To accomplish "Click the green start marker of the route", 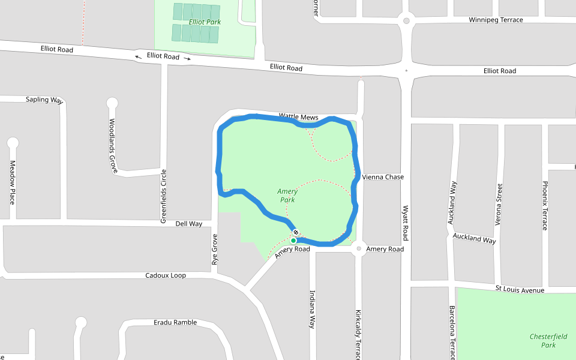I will [293, 241].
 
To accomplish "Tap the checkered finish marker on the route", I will [295, 232].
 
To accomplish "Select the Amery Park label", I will [287, 196].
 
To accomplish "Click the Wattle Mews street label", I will [298, 116].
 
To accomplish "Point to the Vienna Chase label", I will [383, 177].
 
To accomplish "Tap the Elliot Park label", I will [205, 22].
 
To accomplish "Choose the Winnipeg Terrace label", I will [496, 20].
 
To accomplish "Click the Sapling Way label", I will [44, 100].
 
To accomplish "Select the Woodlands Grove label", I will [112, 146].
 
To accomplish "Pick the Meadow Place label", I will [12, 182].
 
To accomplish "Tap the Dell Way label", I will [188, 224].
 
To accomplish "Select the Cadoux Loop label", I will [166, 275].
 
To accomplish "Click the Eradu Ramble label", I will [175, 322].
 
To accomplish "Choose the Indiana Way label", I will [312, 310].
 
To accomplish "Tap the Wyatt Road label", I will [406, 222].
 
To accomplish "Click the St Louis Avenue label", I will [520, 290].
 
